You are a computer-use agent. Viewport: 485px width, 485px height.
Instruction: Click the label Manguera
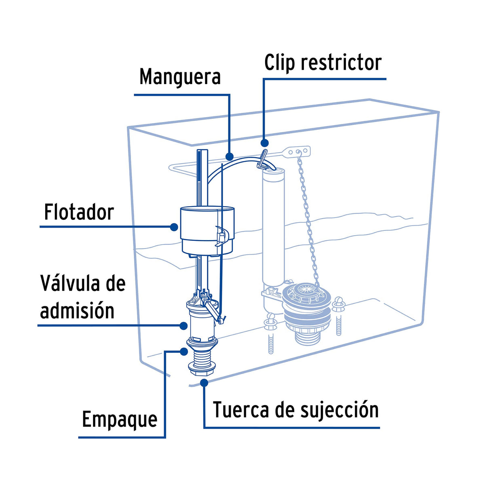(180, 77)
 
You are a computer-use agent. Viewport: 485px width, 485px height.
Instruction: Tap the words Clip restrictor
(323, 63)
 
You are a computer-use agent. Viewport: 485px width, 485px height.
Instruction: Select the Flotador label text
(79, 212)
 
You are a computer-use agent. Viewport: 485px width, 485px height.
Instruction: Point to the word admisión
(77, 311)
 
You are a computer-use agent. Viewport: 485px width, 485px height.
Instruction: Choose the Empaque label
(120, 419)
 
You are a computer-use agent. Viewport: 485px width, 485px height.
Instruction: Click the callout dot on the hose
(230, 156)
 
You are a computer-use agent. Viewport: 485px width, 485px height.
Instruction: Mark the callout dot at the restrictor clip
(265, 143)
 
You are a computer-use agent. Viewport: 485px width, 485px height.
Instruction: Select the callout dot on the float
(174, 227)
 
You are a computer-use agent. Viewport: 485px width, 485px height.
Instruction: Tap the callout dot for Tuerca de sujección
(205, 382)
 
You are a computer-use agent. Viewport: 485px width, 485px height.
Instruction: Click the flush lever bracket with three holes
(299, 152)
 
